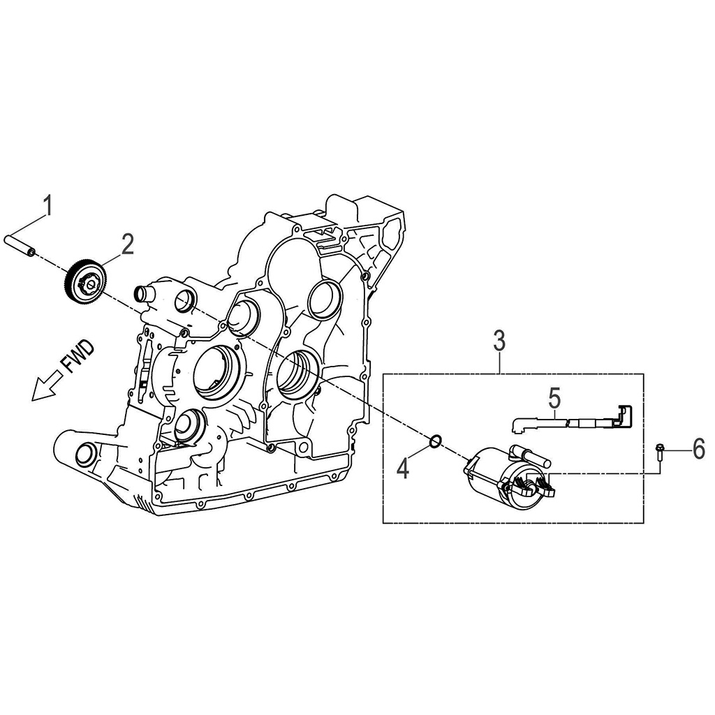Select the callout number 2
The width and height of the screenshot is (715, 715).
click(x=127, y=244)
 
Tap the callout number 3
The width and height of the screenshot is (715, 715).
click(x=499, y=342)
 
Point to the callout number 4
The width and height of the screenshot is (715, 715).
click(x=403, y=469)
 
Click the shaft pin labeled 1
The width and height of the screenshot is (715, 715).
click(x=21, y=244)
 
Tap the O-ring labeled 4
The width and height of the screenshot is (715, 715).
click(x=434, y=441)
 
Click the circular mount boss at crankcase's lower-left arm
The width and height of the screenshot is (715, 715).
click(x=83, y=455)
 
